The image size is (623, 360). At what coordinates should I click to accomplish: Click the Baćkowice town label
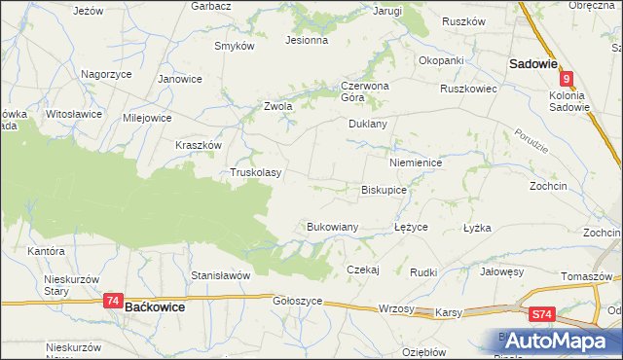[x=155, y=306]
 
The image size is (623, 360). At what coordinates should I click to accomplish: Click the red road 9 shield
[x=568, y=82]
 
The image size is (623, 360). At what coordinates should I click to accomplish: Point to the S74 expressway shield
[x=542, y=314]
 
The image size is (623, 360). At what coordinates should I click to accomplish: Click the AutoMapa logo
[x=558, y=341]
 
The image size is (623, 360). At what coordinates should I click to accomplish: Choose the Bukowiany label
[x=333, y=227]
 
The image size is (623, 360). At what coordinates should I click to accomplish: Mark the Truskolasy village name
[x=256, y=172]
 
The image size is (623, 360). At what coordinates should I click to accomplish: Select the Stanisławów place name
[x=221, y=275]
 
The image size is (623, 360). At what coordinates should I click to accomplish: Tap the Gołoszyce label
[x=297, y=302]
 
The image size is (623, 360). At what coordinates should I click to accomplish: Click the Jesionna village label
[x=306, y=41]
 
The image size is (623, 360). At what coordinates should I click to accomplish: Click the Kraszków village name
[x=199, y=144]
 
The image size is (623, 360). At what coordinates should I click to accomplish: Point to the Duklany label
[x=368, y=125]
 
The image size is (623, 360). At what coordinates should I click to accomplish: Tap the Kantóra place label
[x=46, y=251]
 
